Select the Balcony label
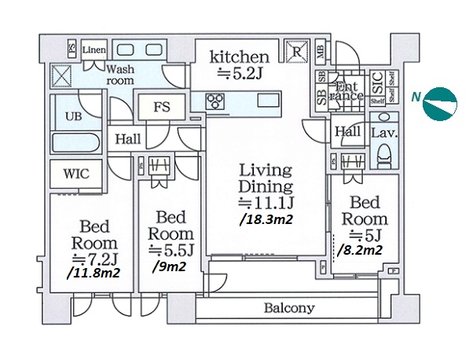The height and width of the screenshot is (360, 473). [288, 308]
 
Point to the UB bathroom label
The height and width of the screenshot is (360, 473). [73, 116]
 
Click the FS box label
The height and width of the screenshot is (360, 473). [161, 107]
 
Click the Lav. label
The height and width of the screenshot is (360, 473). [383, 133]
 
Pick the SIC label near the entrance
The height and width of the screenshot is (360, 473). [376, 79]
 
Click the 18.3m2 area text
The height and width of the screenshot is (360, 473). [266, 220]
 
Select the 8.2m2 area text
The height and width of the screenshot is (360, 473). [360, 251]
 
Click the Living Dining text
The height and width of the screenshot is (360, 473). [266, 178]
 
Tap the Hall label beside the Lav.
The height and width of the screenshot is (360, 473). [346, 133]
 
